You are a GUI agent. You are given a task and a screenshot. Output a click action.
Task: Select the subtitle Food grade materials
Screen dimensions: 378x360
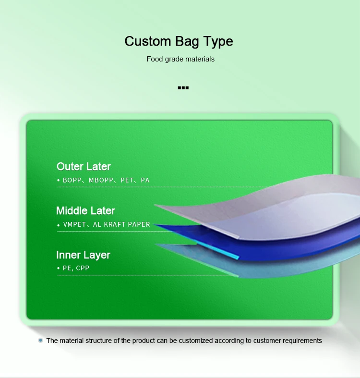coord(180,59)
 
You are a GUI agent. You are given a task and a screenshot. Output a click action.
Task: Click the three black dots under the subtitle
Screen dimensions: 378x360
coord(183,88)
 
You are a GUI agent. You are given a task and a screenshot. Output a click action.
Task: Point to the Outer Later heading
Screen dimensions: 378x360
coord(84,167)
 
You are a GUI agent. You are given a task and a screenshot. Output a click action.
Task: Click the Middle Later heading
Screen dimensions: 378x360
coord(85,211)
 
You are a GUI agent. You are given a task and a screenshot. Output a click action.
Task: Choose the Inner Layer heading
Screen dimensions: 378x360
coord(83,255)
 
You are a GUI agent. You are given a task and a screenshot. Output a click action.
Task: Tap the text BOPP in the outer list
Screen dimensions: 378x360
coord(72,180)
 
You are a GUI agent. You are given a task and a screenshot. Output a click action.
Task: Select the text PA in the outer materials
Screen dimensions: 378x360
coord(145,180)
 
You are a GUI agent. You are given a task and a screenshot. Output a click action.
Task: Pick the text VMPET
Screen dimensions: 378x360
coord(74,224)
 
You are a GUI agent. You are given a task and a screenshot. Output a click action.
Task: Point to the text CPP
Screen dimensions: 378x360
coord(83,268)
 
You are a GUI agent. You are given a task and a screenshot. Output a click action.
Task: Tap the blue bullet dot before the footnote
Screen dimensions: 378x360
coord(41,340)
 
